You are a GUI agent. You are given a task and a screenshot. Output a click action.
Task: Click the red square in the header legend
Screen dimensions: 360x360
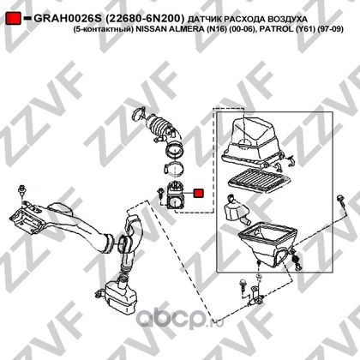pos(14,18)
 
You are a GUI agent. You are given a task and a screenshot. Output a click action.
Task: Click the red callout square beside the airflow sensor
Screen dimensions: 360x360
pos(199,193)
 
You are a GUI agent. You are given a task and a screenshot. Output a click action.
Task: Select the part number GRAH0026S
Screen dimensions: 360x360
pos(68,19)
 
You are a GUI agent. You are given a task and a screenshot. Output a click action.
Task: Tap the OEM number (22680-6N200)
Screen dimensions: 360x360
pos(145,19)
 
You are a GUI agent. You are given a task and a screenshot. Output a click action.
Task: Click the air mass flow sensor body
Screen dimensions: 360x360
pos(174,196)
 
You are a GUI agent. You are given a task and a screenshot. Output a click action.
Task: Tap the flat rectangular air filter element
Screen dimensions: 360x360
pos(259,180)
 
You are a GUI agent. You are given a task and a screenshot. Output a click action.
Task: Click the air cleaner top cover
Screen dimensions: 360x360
pos(253,142)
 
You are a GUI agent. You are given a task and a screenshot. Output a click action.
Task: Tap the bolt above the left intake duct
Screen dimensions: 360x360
pos(21,191)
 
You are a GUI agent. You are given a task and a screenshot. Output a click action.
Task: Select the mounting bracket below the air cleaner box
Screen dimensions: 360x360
pos(255,297)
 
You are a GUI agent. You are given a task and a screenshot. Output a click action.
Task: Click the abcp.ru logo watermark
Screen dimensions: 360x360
pos(179,318)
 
